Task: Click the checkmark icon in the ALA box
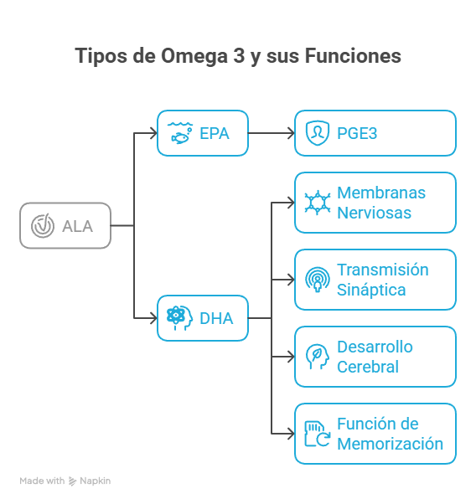41,225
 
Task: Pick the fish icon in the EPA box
178,132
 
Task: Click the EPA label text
214,133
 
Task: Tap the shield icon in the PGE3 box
316,133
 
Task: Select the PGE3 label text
356,133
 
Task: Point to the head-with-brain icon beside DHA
178,318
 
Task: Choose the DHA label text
216,318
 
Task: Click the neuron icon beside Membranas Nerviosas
316,203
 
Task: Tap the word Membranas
381,193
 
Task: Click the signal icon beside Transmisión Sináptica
316,280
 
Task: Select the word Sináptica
371,290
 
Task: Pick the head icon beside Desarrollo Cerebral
316,357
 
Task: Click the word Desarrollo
375,347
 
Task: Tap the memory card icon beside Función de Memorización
316,434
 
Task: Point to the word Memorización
390,444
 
